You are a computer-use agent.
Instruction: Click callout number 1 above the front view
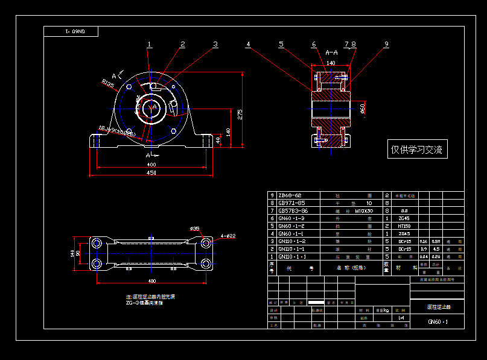pyautogui.click(x=150, y=44)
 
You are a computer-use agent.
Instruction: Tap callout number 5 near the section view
pyautogui.click(x=281, y=44)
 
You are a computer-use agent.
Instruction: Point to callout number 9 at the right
pyautogui.click(x=387, y=44)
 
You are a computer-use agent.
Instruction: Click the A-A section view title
pyautogui.click(x=331, y=53)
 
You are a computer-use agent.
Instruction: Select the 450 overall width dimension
pyautogui.click(x=151, y=173)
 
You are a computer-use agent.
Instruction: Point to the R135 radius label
pyautogui.click(x=108, y=83)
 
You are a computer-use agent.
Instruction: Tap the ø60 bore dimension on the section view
pyautogui.click(x=362, y=107)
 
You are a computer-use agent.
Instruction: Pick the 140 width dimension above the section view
pyautogui.click(x=331, y=62)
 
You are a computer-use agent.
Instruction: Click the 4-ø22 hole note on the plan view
pyautogui.click(x=228, y=236)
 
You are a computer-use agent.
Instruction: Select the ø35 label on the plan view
pyautogui.click(x=195, y=229)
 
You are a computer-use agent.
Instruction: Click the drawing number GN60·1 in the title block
pyautogui.click(x=438, y=322)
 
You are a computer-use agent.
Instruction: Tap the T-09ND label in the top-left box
pyautogui.click(x=71, y=31)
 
